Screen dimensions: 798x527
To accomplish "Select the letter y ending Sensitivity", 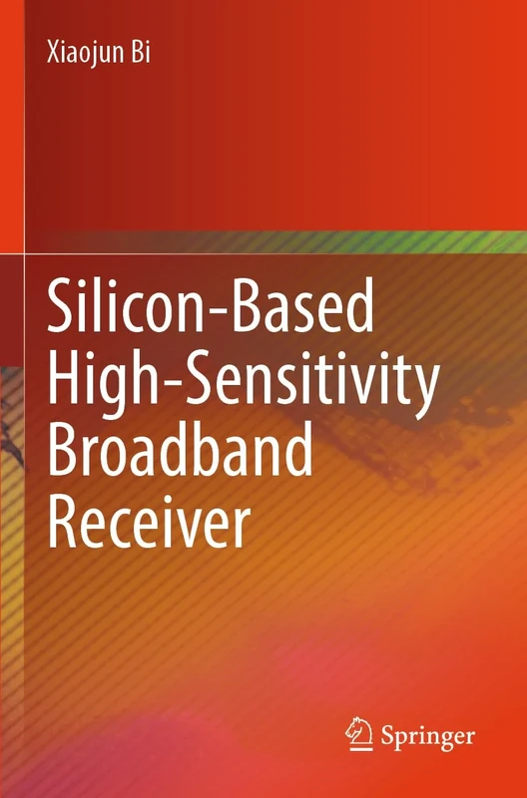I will [x=424, y=390].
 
